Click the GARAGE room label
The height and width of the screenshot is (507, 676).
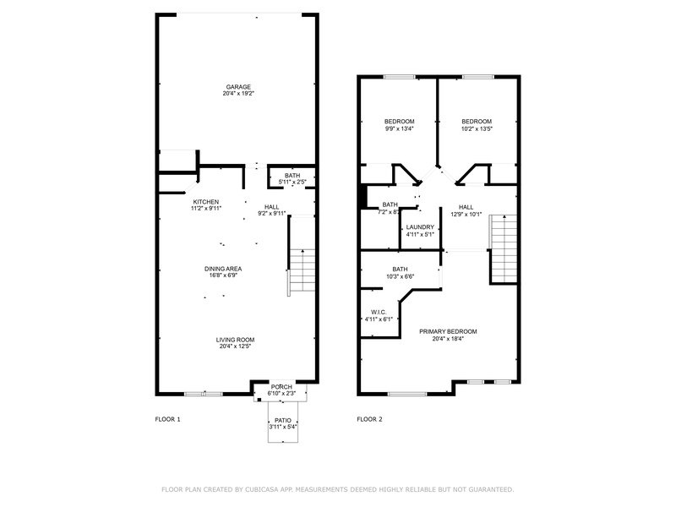click(x=238, y=87)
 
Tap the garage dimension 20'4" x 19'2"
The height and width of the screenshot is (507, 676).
click(x=238, y=94)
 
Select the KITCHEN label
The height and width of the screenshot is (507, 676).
click(x=205, y=202)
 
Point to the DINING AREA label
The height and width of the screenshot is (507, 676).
click(x=223, y=269)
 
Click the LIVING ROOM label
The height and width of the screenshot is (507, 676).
click(x=235, y=340)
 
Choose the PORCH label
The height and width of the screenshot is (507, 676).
click(x=281, y=387)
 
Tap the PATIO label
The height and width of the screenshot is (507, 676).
click(x=283, y=420)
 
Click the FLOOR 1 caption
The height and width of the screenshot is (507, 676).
click(x=167, y=419)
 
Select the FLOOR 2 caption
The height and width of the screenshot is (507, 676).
click(x=369, y=419)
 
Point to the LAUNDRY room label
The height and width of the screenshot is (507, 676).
click(x=420, y=227)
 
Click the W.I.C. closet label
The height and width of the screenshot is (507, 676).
click(x=379, y=312)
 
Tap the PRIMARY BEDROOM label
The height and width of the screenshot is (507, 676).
click(x=448, y=331)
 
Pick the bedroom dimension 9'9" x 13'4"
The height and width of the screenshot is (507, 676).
click(x=399, y=128)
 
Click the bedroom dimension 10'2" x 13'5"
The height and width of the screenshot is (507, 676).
click(x=477, y=128)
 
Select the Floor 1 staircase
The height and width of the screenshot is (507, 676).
click(x=302, y=270)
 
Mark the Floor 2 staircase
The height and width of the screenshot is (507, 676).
click(x=503, y=248)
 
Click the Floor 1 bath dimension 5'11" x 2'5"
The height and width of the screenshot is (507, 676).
click(x=292, y=182)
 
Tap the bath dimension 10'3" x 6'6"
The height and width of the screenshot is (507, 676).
click(x=400, y=276)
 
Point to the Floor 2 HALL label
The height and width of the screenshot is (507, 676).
click(x=466, y=207)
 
